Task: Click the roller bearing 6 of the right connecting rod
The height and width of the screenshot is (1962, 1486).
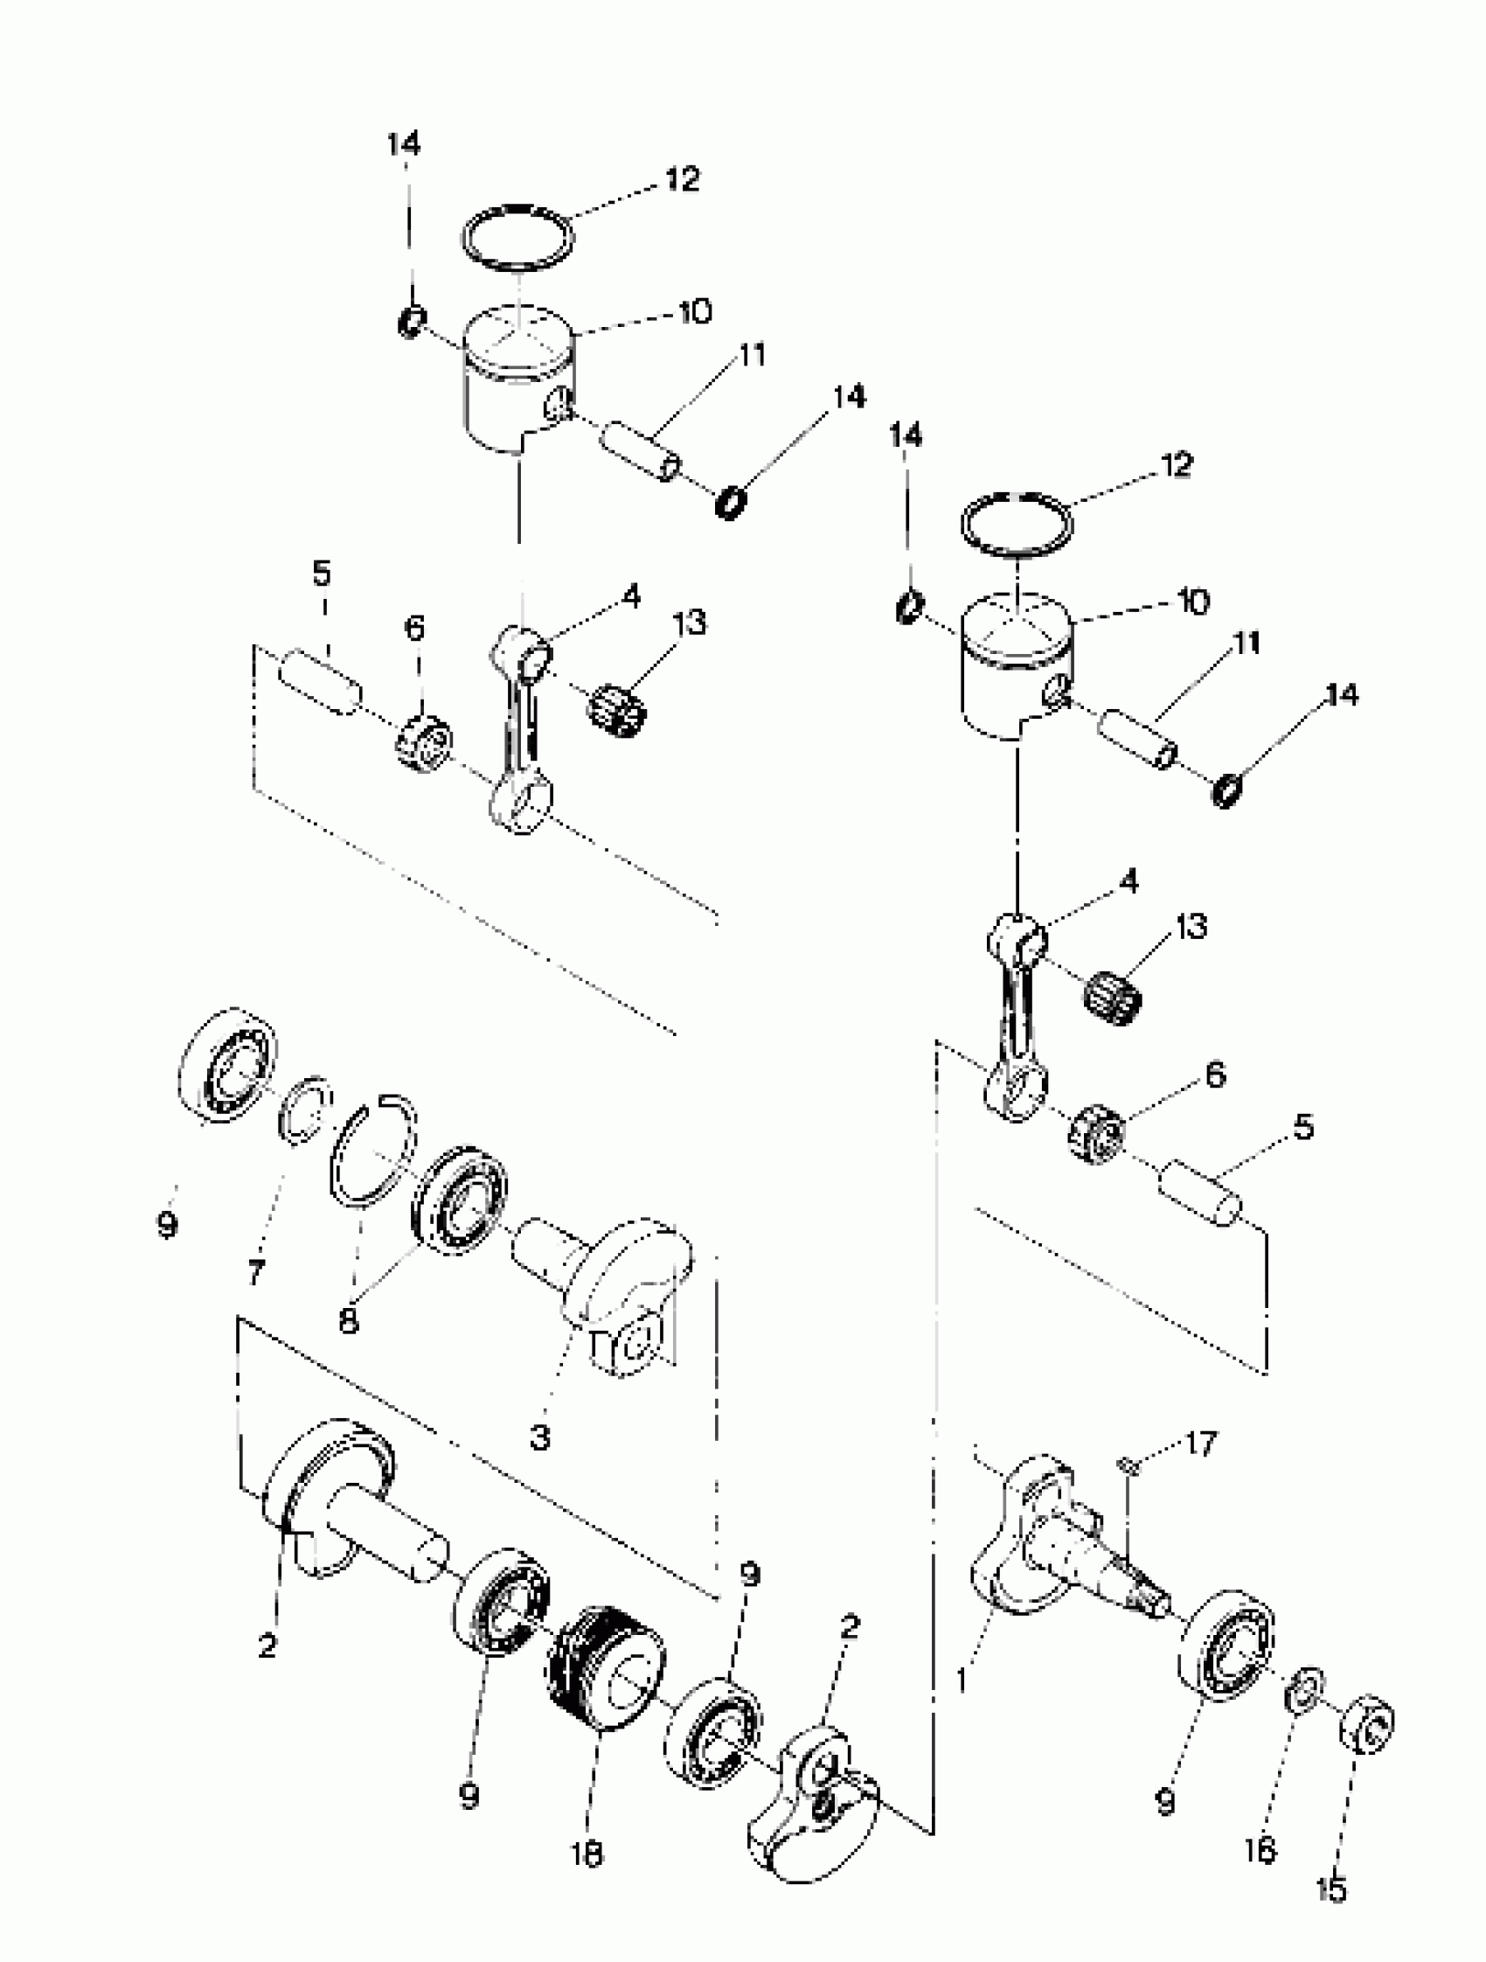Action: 1096,1136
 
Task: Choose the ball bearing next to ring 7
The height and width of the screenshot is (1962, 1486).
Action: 227,1066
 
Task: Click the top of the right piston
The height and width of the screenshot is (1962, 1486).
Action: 1017,623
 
